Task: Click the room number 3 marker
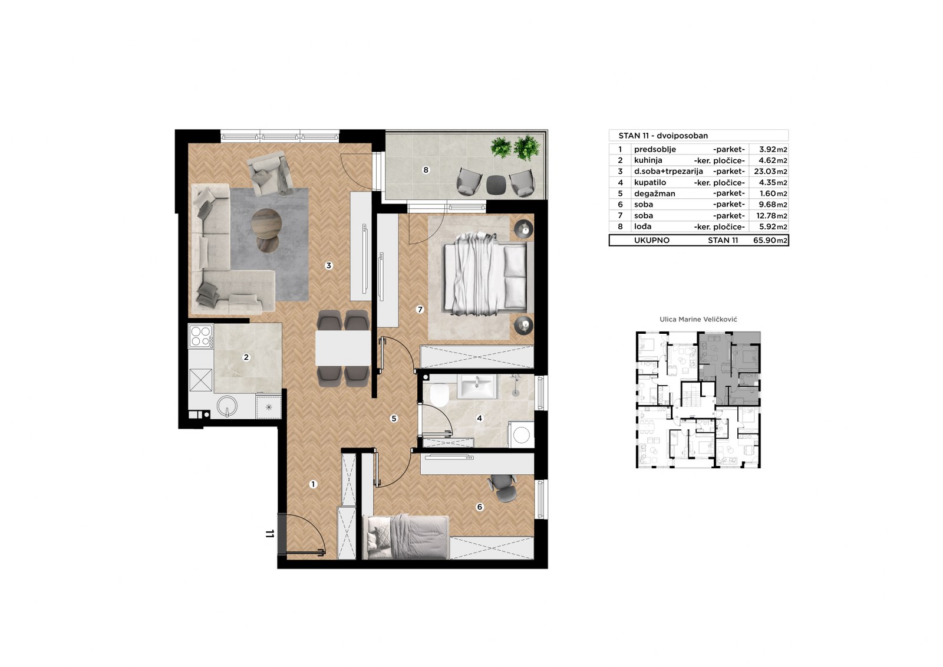point(329,265)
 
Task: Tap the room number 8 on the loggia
point(426,170)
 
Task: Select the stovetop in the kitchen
point(201,336)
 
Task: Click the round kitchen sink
point(227,406)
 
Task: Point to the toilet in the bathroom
point(440,395)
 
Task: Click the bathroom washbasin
point(477,386)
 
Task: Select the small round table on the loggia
point(496,184)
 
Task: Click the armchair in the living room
point(271,173)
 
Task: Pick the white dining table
point(343,348)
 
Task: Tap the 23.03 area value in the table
point(764,172)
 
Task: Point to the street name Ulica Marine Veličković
point(698,320)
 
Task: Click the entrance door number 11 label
point(270,534)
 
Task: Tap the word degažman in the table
point(655,194)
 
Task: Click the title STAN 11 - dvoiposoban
point(663,136)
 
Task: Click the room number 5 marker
point(394,418)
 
